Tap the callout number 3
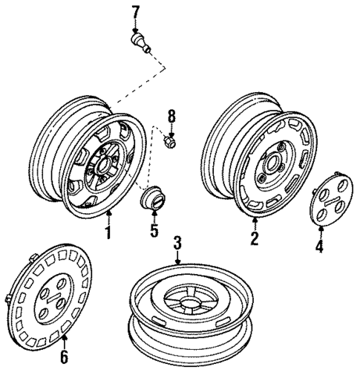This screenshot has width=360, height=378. click(177, 243)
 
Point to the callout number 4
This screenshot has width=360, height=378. click(320, 246)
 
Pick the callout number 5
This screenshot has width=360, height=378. click(153, 229)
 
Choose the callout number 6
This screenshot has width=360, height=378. click(64, 357)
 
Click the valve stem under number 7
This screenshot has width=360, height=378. click(140, 40)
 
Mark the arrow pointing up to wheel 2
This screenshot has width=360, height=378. click(254, 223)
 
